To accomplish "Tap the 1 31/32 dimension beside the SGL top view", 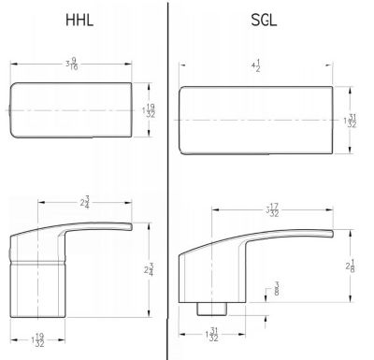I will pos(352,121).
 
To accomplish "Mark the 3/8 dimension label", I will pos(278,292).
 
